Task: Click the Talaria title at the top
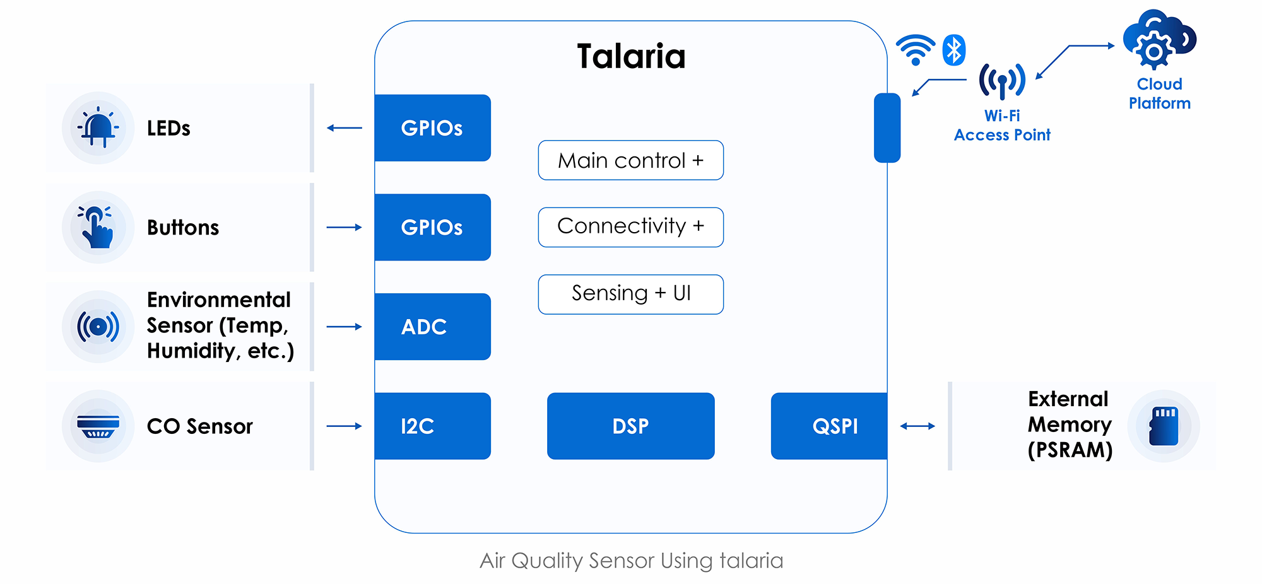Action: (x=631, y=56)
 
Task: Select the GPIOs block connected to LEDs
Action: (x=432, y=128)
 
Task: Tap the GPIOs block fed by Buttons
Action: (x=432, y=227)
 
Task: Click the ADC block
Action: (x=432, y=327)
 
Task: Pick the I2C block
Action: (x=432, y=426)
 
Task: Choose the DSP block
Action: (x=630, y=426)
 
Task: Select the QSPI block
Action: (x=829, y=426)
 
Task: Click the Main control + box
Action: (x=630, y=160)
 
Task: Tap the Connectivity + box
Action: (x=630, y=227)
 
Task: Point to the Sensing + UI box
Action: (x=630, y=294)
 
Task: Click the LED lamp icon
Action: (x=98, y=128)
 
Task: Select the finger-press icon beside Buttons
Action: (x=98, y=227)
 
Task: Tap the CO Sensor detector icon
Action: (x=98, y=426)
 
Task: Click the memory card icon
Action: (x=1164, y=426)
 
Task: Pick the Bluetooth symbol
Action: (x=954, y=50)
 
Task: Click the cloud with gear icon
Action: (x=1159, y=41)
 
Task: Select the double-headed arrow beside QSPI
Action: (x=917, y=426)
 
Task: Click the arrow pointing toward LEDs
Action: (x=345, y=128)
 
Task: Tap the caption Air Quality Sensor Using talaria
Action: (x=631, y=560)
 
